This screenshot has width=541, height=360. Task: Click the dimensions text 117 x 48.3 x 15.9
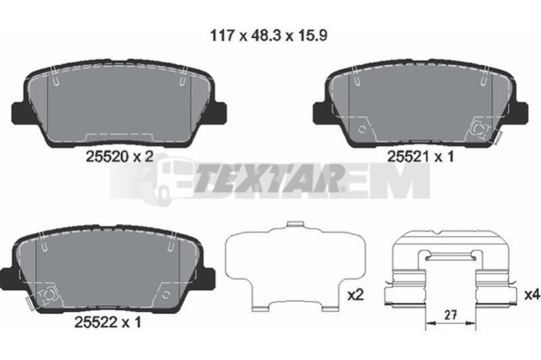(x=268, y=36)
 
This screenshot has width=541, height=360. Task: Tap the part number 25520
(x=107, y=158)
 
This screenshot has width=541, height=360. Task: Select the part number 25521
(x=408, y=157)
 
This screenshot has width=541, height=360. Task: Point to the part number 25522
(x=96, y=322)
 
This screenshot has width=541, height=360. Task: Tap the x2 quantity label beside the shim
(x=356, y=295)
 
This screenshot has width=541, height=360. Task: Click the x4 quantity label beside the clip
(x=532, y=295)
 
